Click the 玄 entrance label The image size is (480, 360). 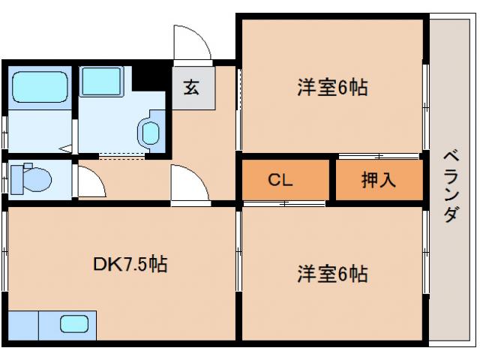190,88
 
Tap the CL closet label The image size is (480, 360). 280,181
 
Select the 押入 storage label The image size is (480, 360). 378,181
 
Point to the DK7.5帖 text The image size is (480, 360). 130,264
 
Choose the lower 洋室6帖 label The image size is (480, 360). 332,274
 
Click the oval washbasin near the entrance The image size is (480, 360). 149,133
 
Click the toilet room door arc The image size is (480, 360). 91,181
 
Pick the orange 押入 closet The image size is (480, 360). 378,181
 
